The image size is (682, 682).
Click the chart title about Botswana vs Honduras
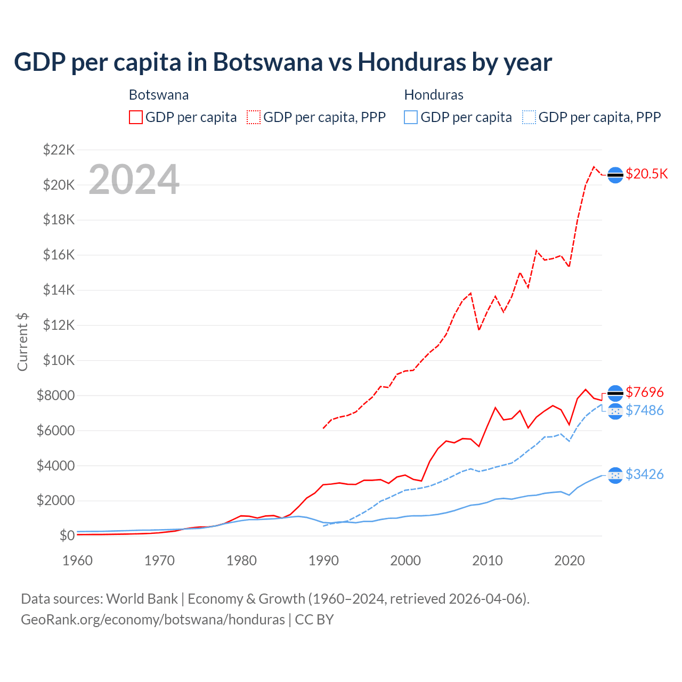(283, 62)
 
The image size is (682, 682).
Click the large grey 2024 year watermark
(134, 180)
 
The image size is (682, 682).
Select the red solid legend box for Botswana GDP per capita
(136, 117)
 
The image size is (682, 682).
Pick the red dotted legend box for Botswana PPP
(254, 117)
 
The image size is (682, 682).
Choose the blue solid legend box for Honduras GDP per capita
(411, 117)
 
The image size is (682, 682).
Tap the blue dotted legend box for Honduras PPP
(529, 117)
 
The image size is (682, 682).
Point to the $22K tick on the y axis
(59, 150)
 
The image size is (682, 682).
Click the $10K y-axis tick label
(59, 360)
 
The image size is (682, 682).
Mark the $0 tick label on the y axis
(67, 535)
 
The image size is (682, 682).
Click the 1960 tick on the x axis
(77, 561)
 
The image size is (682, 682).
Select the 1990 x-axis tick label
(323, 561)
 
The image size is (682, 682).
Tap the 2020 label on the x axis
(570, 561)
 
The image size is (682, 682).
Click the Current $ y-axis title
(22, 342)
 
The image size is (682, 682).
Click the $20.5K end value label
(646, 174)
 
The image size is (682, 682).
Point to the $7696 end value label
(644, 393)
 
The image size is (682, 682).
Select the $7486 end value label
(644, 410)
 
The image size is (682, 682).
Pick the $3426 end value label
(644, 474)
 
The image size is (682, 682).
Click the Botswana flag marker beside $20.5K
(615, 175)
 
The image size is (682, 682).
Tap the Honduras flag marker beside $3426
(615, 475)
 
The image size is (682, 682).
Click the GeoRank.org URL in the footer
(153, 620)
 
